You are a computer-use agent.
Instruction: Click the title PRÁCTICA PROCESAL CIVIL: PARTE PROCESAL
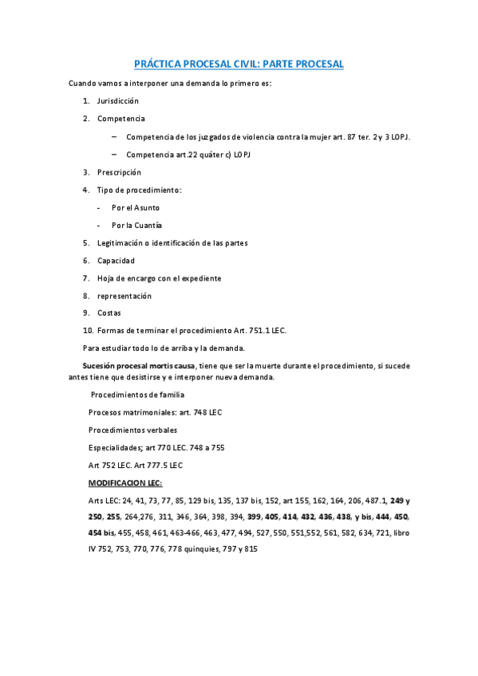[239, 64]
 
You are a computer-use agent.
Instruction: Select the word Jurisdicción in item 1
[118, 101]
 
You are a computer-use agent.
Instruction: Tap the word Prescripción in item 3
[119, 172]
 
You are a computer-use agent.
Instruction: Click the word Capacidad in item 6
[116, 261]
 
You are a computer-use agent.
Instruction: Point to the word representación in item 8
[124, 296]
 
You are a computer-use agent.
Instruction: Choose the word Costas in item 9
[109, 313]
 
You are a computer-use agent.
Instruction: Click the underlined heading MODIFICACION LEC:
[125, 483]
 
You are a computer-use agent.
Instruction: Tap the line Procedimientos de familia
[137, 395]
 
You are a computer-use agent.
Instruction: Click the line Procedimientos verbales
[132, 430]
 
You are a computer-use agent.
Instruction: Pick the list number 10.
[88, 331]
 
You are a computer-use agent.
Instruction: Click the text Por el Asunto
[136, 207]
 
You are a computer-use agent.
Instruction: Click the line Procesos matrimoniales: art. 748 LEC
[155, 412]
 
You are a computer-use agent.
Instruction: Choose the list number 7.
[85, 278]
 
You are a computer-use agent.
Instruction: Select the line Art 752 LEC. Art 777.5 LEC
[136, 465]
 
